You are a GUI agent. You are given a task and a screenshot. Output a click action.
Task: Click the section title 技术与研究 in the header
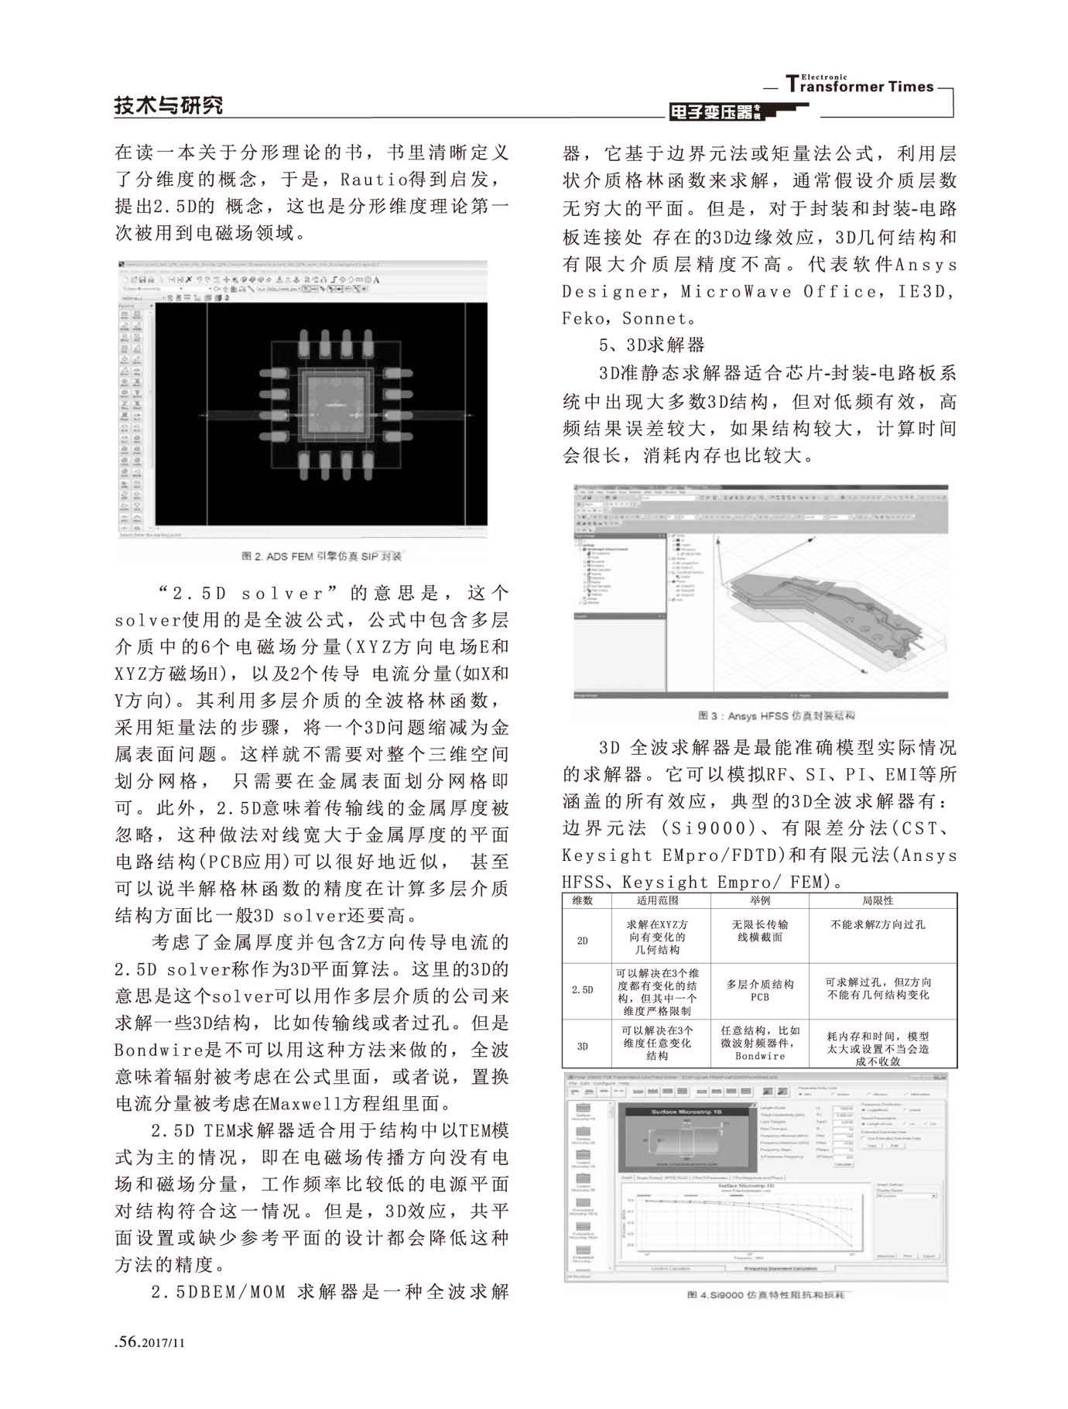[x=168, y=105]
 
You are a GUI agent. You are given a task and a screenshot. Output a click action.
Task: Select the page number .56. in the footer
[x=127, y=1342]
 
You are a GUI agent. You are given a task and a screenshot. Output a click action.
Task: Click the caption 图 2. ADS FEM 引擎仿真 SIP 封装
[x=321, y=556]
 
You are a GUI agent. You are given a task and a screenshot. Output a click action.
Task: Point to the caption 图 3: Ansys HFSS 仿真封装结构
[x=775, y=716]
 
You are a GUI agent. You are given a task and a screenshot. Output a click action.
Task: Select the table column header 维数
[x=582, y=900]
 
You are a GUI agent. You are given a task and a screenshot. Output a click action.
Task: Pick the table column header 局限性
[x=878, y=900]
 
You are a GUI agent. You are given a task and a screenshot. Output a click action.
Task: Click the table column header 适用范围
[x=657, y=900]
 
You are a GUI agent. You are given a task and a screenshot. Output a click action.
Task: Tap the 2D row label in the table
[x=582, y=941]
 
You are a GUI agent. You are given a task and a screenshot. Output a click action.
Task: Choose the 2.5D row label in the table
[x=582, y=990]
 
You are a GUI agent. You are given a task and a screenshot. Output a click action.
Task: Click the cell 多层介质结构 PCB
[x=759, y=990]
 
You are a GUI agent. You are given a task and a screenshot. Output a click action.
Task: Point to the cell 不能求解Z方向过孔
[x=878, y=924]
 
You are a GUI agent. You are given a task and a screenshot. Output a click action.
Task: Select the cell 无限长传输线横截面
[x=759, y=931]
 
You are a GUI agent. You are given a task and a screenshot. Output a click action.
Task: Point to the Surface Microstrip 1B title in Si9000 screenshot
[x=686, y=1112]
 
